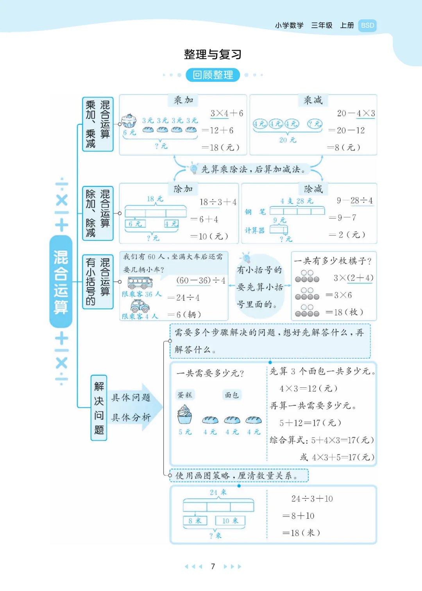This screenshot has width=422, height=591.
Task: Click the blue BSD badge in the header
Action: (x=367, y=26)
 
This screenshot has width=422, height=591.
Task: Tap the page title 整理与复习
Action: (x=213, y=54)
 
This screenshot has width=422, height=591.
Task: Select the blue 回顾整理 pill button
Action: (x=213, y=75)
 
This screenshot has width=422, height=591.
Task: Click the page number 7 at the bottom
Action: (x=213, y=566)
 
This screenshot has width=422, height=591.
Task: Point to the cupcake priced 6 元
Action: (x=129, y=121)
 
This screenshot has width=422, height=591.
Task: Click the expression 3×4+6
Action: (x=227, y=114)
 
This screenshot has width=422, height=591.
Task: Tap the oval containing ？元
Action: (x=315, y=124)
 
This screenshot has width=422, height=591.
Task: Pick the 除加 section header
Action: (x=183, y=189)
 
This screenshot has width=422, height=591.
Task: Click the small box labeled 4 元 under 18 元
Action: (x=172, y=224)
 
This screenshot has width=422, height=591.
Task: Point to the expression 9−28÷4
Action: (x=355, y=201)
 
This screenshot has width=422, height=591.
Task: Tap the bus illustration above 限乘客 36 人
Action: (x=140, y=283)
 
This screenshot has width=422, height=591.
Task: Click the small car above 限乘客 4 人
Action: (x=140, y=306)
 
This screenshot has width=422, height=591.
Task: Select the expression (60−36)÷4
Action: (x=201, y=280)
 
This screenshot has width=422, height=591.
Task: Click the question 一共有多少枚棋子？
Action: (x=333, y=261)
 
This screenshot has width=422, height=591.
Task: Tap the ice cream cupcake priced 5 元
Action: (x=184, y=414)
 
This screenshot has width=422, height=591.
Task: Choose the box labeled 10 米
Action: (x=230, y=520)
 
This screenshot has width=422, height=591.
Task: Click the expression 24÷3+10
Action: (x=312, y=499)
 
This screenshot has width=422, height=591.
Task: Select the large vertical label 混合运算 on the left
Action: (x=61, y=282)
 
